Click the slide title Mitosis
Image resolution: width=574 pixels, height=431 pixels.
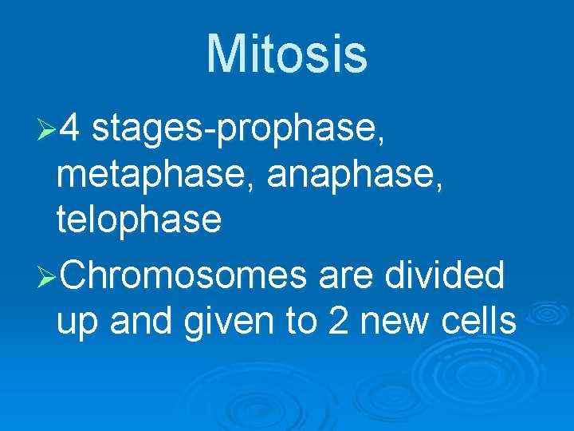[x=287, y=54]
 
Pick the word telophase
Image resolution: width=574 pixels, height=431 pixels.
[x=139, y=219]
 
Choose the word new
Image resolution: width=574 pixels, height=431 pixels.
[x=395, y=323]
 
